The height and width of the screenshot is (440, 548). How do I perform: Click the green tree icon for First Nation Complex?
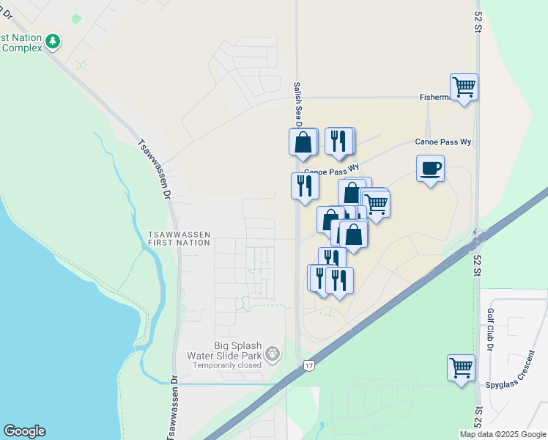coord(52,41)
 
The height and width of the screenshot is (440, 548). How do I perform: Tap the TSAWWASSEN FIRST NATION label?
coord(179,238)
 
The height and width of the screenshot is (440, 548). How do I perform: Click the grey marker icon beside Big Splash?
coord(273,355)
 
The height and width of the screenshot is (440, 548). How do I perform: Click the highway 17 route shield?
coord(308,365)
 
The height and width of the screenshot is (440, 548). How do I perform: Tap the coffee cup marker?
coord(430,168)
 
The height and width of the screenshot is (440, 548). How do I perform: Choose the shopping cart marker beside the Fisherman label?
coord(464,87)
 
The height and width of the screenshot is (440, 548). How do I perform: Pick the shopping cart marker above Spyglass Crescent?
coord(461,367)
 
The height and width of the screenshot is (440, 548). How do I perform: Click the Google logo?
coord(24,431)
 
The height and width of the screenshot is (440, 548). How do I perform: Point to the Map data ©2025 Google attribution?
coord(503,434)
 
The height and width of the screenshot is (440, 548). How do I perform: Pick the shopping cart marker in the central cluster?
coord(376,203)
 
